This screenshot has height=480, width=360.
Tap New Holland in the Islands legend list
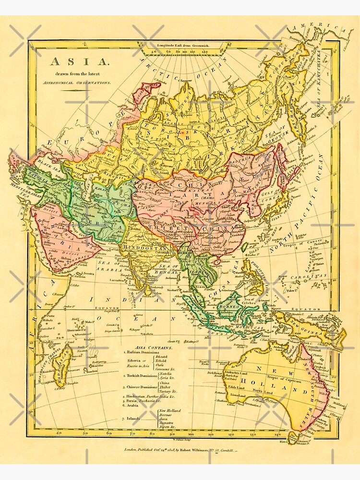(x=171, y=411)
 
